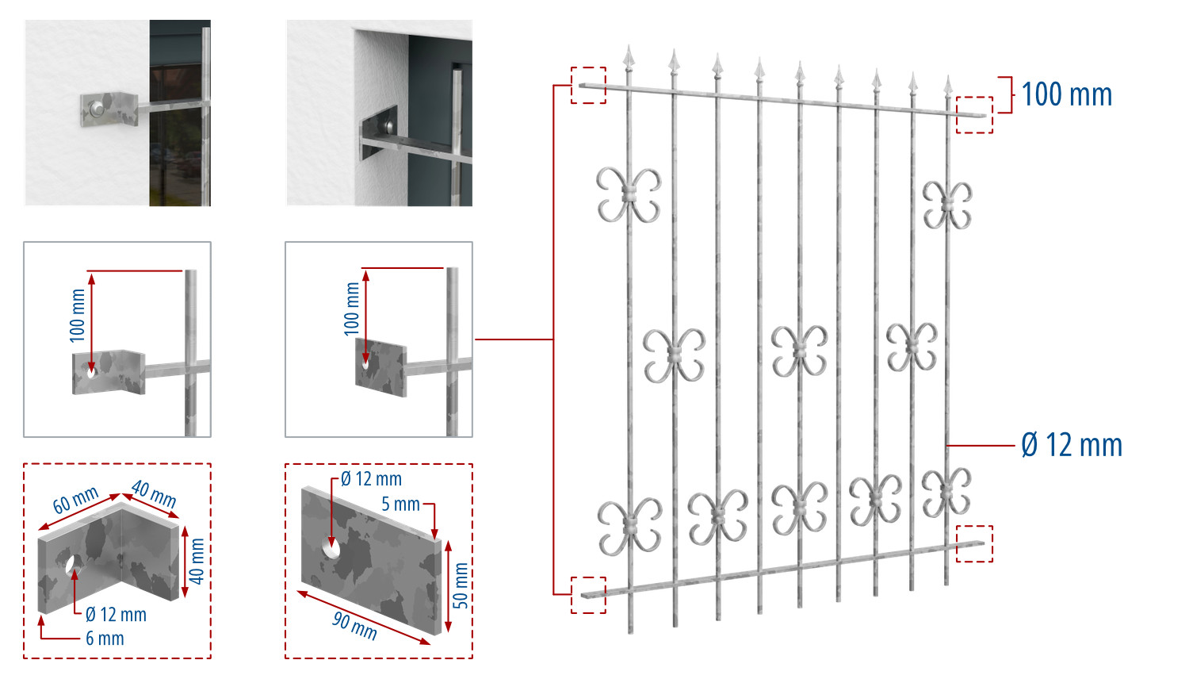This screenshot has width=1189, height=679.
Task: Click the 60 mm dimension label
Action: coord(75,500)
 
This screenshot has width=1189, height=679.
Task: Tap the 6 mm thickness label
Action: coord(105,638)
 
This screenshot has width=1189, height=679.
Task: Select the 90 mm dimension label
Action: coord(354,626)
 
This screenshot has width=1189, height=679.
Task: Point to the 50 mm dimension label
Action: coord(461,585)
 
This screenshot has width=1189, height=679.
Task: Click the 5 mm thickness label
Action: coord(401,504)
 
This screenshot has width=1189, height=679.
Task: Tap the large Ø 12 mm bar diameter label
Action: coord(1072,445)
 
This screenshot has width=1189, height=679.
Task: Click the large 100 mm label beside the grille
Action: coord(1066,94)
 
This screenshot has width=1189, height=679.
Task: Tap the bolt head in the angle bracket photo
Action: coord(96,109)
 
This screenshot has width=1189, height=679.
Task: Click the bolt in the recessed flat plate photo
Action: coord(390,127)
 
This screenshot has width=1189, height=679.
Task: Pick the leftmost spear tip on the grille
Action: coord(629,56)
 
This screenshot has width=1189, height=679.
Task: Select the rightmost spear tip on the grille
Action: coord(947,86)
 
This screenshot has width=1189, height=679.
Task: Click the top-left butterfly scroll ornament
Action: coord(629,195)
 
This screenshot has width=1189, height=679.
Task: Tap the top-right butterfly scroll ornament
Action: coord(947,205)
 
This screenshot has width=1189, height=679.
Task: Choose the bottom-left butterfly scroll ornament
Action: coord(629,527)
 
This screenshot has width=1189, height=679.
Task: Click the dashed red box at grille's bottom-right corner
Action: coord(974,543)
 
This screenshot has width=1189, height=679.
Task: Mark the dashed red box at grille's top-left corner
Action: coord(588,85)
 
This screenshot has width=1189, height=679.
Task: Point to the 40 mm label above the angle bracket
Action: coord(154,494)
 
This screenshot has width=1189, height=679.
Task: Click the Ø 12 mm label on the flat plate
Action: coord(371,478)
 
